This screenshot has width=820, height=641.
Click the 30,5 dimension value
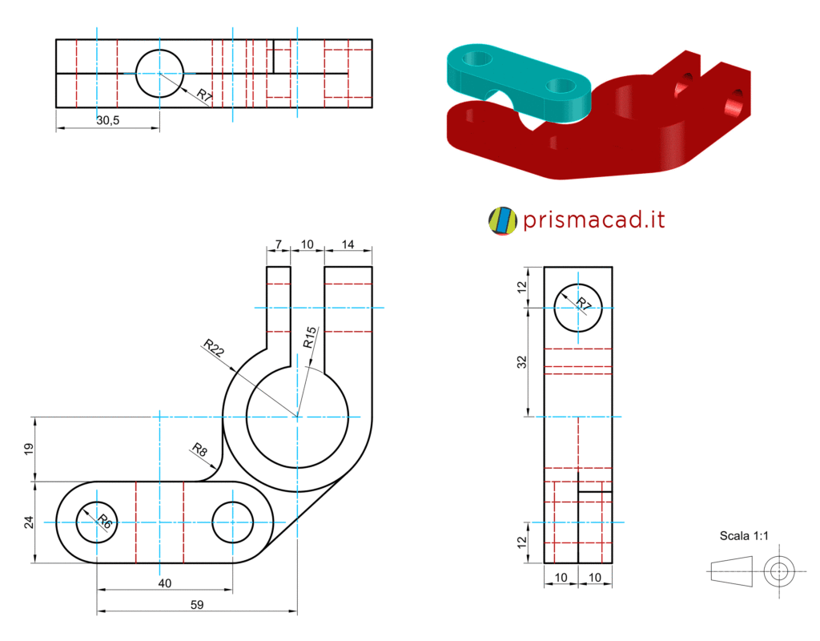click(x=108, y=120)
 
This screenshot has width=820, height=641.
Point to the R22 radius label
click(x=213, y=348)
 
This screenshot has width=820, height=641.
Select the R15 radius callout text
click(x=310, y=337)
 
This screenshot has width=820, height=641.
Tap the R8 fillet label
click(x=199, y=450)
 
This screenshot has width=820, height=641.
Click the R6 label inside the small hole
click(x=105, y=521)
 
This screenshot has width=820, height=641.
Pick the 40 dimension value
click(x=165, y=583)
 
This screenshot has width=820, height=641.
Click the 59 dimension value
click(x=197, y=605)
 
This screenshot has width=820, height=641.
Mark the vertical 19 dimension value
click(x=29, y=449)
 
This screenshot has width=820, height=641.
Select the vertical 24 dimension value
click(x=29, y=522)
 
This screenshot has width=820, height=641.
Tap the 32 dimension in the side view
click(x=522, y=362)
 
